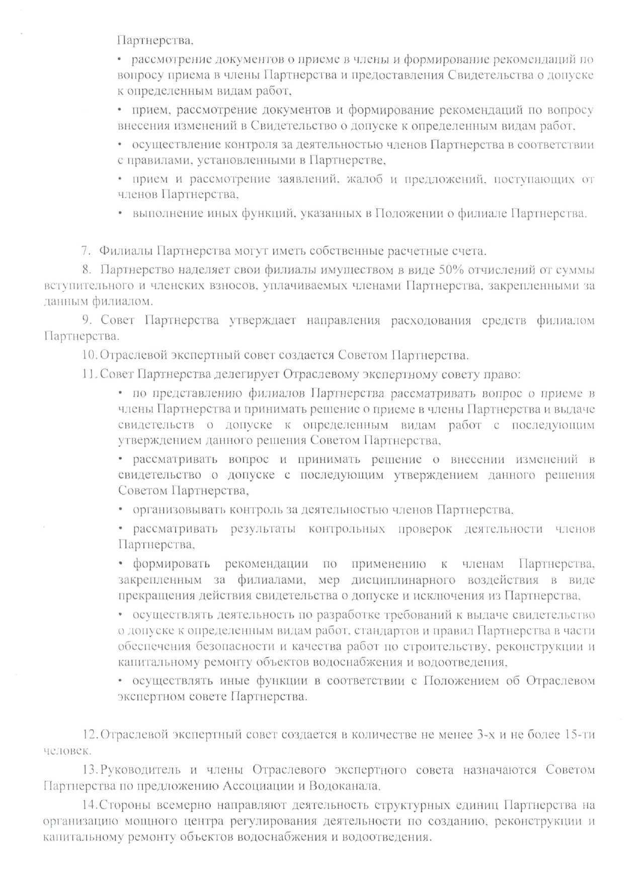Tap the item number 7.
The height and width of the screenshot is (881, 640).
pyautogui.click(x=86, y=251)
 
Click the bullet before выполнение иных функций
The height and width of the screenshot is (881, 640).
pyautogui.click(x=120, y=213)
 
